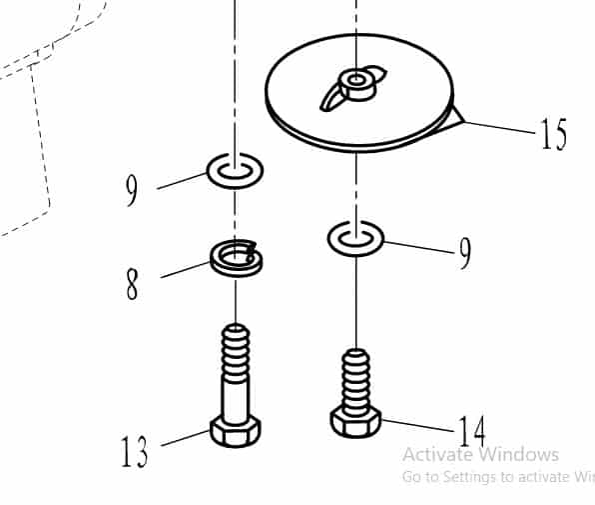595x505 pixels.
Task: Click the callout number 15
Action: [554, 133]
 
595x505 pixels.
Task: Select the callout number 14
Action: [471, 431]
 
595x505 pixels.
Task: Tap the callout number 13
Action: [134, 451]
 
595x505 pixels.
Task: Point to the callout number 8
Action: [132, 284]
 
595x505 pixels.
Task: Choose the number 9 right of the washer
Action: [465, 253]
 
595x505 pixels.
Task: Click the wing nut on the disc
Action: [354, 87]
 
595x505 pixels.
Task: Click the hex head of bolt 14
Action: [355, 422]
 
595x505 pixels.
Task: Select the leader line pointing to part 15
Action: [500, 128]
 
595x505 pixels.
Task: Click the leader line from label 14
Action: [417, 426]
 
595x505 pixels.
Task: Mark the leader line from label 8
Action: [185, 270]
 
